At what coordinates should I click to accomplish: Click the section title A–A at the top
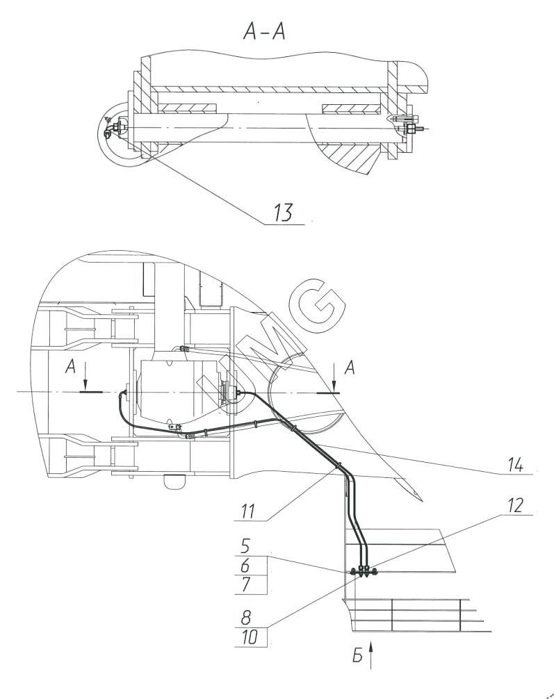coord(264,31)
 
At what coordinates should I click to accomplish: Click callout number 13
coord(283,212)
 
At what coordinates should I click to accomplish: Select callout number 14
coord(515,465)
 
